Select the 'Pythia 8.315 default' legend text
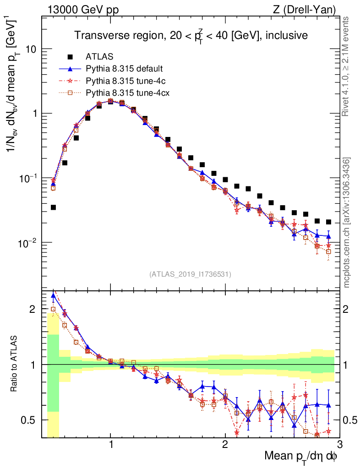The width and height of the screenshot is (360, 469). [x=124, y=69]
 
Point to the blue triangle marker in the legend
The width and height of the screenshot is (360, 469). [x=70, y=69]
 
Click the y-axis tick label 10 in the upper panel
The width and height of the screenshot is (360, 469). [x=30, y=49]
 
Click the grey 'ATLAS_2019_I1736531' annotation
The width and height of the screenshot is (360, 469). [x=190, y=274]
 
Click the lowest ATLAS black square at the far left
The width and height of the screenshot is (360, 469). [x=53, y=207]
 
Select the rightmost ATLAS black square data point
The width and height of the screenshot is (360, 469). [x=328, y=222]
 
